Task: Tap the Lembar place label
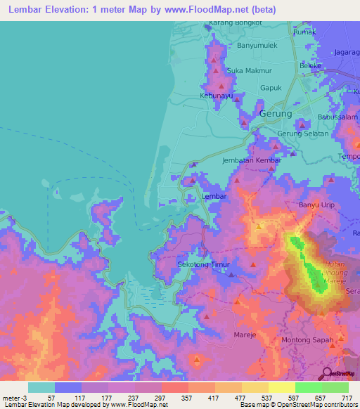click(x=214, y=197)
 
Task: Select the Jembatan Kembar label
click(x=251, y=160)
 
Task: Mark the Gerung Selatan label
click(x=302, y=134)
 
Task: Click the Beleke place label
click(x=310, y=66)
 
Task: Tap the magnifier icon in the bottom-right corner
click(x=326, y=373)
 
